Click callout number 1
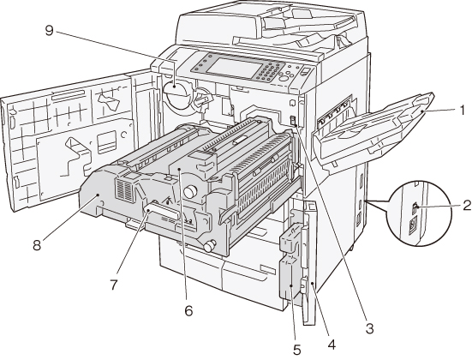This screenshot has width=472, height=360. click(462, 111)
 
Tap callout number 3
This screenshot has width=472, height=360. click(369, 328)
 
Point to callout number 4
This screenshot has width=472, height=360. click(332, 345)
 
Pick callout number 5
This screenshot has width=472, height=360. click(296, 350)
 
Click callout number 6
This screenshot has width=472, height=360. click(188, 310)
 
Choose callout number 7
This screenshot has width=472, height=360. click(113, 285)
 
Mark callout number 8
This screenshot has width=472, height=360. click(37, 245)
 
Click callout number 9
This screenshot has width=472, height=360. click(49, 30)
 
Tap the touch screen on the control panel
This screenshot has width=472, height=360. click(234, 68)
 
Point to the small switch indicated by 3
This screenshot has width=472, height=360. click(292, 121)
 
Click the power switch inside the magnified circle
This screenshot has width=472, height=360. click(415, 207)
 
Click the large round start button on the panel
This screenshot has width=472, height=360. click(284, 79)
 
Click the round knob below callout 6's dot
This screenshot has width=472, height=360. click(190, 192)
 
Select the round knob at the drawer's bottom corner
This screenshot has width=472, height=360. click(210, 245)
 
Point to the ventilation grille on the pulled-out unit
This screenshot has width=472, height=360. click(124, 190)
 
